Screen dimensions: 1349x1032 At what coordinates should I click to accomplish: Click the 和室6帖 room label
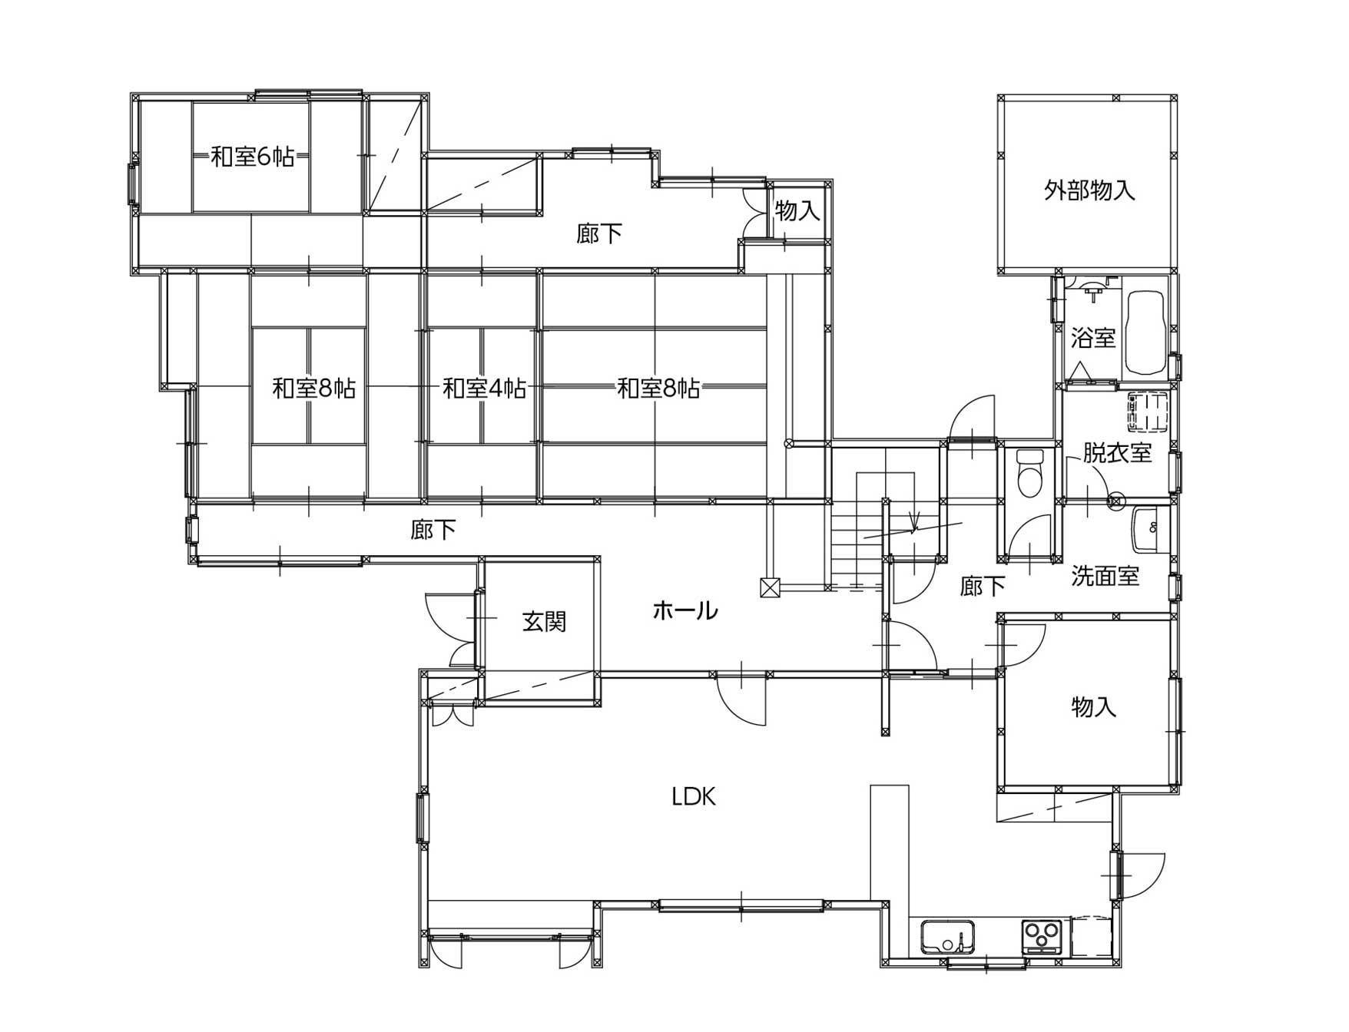(253, 157)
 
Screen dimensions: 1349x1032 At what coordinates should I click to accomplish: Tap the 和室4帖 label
(484, 389)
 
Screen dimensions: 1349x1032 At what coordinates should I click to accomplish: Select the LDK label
(694, 797)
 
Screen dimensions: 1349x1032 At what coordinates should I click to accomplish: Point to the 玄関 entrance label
(545, 621)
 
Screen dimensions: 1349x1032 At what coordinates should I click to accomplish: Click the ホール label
(685, 610)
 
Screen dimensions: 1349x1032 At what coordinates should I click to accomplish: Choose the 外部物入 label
(1089, 190)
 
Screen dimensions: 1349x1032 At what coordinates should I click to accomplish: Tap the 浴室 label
(1093, 337)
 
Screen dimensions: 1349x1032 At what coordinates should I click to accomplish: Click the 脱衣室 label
(1118, 452)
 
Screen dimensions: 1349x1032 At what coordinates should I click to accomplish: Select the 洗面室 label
(1105, 576)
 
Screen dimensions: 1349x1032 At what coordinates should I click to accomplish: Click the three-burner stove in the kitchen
(1041, 937)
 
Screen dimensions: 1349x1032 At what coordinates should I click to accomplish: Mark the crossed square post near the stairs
(770, 587)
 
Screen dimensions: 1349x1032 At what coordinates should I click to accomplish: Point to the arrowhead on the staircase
(913, 526)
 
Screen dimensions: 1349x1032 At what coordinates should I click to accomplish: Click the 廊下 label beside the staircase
(983, 587)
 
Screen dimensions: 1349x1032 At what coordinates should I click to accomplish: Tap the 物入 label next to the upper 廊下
(797, 210)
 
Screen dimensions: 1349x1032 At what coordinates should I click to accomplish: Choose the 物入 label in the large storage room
(1094, 706)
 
